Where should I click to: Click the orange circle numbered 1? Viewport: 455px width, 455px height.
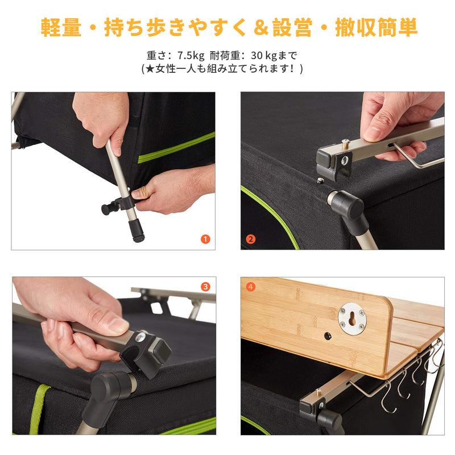tap(205, 239)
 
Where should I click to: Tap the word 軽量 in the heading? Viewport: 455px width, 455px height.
tap(61, 27)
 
